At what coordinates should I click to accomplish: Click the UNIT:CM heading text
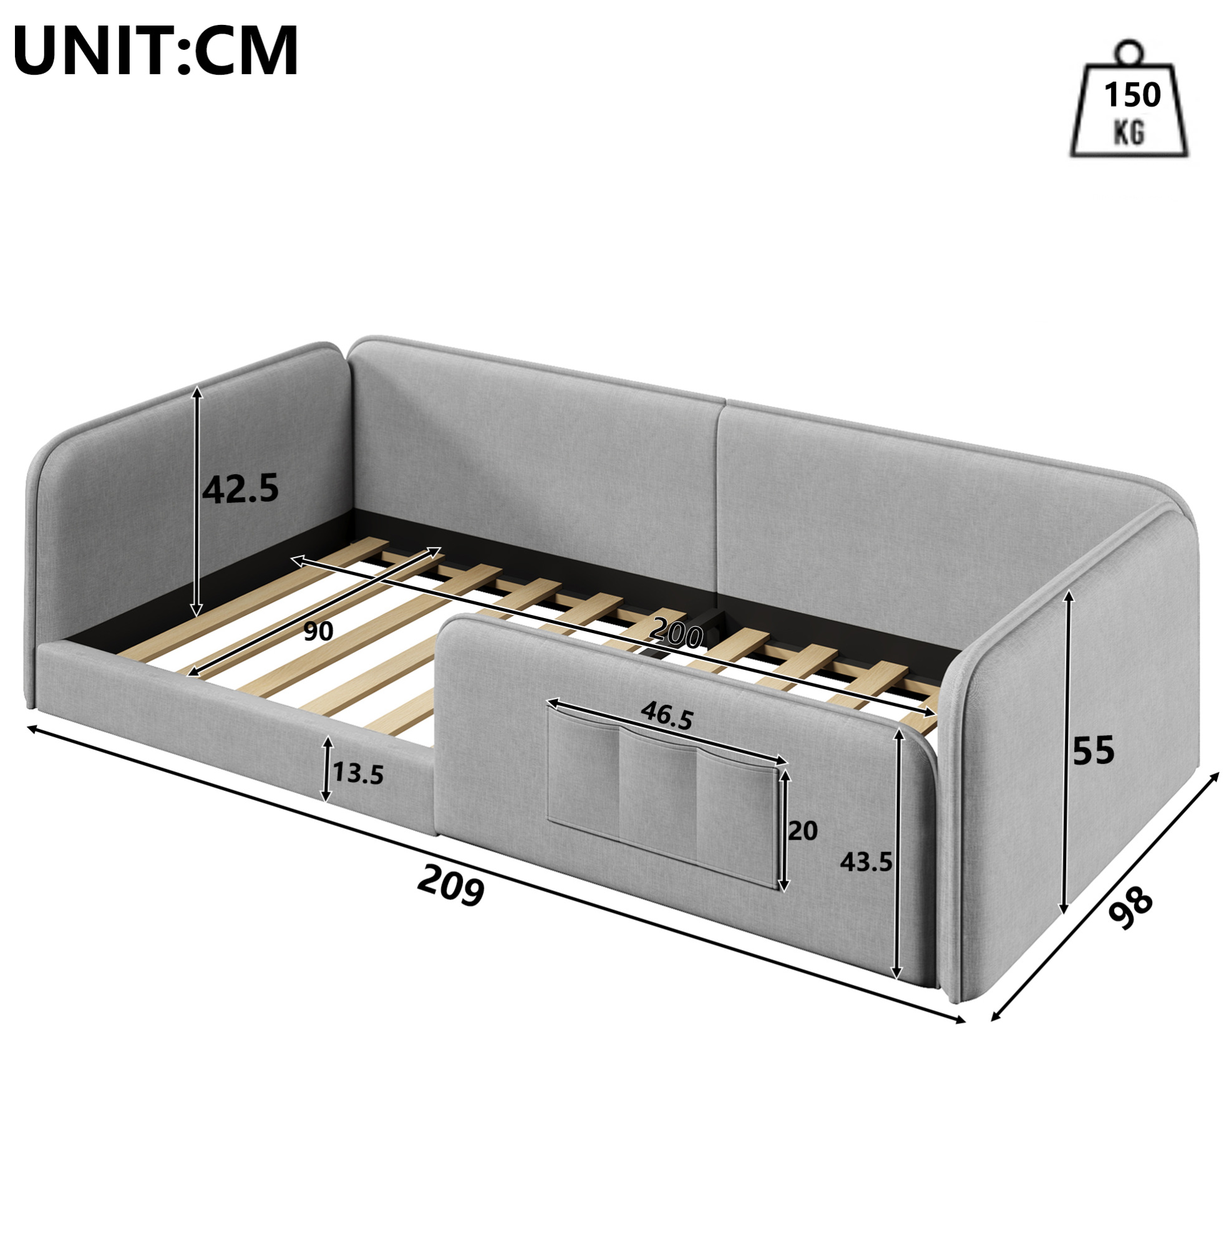pyautogui.click(x=156, y=51)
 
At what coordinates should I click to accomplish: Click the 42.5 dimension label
pyautogui.click(x=241, y=488)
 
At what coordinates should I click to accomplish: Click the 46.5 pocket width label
pyautogui.click(x=667, y=717)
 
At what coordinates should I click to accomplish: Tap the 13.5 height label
pyautogui.click(x=357, y=775)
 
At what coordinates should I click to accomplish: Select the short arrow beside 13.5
pyautogui.click(x=327, y=770)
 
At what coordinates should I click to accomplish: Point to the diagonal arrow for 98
pyautogui.click(x=1105, y=895)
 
